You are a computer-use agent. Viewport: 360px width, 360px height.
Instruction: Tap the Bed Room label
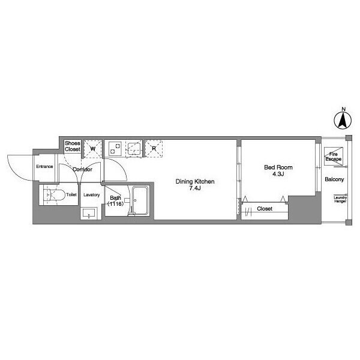(278, 167)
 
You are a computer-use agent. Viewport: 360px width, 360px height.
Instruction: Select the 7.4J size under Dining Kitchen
(195, 188)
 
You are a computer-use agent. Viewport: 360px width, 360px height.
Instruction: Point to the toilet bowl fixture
(54, 195)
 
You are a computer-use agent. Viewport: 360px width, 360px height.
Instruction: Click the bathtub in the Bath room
(140, 201)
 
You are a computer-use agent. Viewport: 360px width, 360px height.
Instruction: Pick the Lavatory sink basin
(89, 214)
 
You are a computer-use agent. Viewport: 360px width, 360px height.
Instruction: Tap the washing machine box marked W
(92, 149)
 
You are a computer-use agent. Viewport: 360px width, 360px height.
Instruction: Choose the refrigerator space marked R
(154, 149)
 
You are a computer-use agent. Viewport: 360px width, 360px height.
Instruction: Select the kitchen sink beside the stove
(134, 149)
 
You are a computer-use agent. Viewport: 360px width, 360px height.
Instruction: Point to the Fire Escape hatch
(334, 157)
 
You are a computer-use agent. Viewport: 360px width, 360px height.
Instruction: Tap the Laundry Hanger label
(340, 199)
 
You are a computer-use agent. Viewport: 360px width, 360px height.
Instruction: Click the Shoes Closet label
(73, 146)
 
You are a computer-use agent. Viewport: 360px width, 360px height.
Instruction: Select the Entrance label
(44, 166)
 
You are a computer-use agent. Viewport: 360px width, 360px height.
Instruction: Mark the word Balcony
(334, 179)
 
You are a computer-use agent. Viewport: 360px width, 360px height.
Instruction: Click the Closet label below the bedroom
(265, 208)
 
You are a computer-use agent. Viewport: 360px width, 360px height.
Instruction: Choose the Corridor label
(82, 169)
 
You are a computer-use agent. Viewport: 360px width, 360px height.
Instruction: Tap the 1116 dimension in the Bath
(115, 203)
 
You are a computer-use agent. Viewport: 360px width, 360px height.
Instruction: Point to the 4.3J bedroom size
(278, 174)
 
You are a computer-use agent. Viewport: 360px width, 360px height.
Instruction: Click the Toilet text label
(71, 194)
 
